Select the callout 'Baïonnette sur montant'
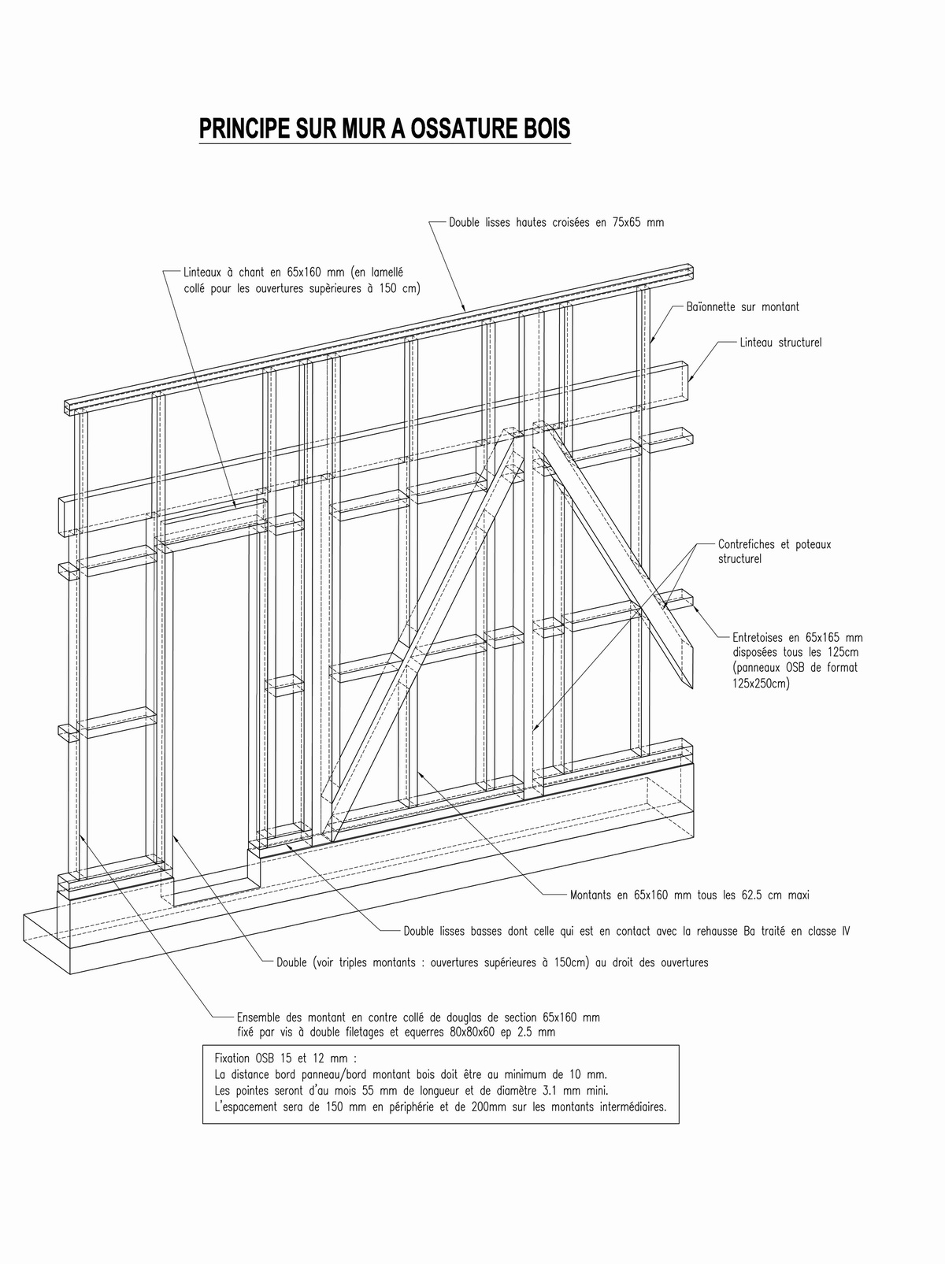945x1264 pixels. pos(742,307)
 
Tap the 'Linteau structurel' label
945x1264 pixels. pos(780,343)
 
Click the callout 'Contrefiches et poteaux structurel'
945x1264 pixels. pos(773,550)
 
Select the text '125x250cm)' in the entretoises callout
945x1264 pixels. pos(760,683)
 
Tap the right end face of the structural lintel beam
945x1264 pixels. pos(685,372)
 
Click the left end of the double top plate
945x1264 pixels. pos(69,407)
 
